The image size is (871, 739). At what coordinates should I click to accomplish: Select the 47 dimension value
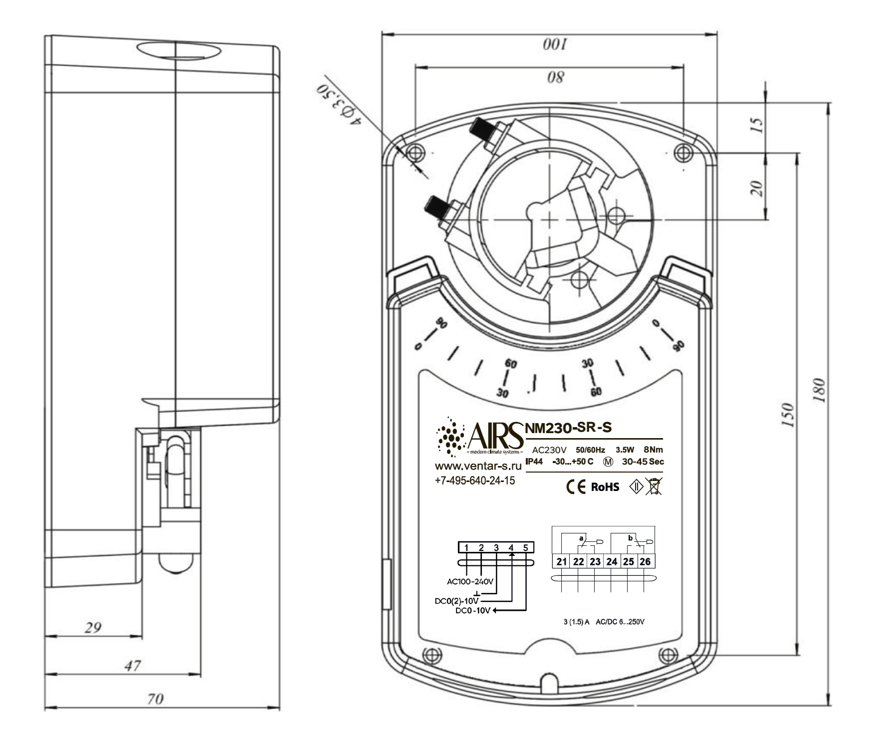click(x=133, y=665)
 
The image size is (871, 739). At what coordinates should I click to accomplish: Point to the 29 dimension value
click(x=92, y=627)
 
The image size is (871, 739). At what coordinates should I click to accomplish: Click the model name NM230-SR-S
click(x=568, y=427)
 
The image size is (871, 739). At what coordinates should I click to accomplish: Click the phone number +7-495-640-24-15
click(x=475, y=481)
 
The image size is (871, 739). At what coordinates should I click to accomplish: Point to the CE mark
click(x=576, y=487)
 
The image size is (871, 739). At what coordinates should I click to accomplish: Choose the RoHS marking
click(x=605, y=487)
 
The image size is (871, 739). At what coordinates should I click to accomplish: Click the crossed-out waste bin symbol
click(x=654, y=486)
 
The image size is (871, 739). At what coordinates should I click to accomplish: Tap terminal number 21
click(x=562, y=561)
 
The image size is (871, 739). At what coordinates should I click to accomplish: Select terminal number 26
click(x=645, y=561)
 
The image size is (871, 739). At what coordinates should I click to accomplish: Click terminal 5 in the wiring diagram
click(x=526, y=547)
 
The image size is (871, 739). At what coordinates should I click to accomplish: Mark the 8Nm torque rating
click(x=653, y=450)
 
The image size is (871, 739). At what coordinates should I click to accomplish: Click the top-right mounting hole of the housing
click(x=683, y=151)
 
